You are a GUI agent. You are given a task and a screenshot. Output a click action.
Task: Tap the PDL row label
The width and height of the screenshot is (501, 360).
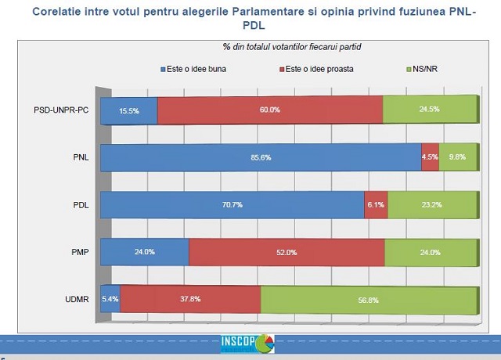(x=81, y=206)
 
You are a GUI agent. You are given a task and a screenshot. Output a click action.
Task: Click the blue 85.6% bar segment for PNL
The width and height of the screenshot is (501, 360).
(x=261, y=158)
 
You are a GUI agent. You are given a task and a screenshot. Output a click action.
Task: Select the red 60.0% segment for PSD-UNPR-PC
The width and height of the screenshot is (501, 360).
(x=270, y=110)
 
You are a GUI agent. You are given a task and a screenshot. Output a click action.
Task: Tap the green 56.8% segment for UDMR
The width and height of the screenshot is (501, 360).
(x=368, y=299)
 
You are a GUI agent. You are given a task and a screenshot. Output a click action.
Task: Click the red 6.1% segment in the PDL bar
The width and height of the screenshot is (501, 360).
(x=376, y=205)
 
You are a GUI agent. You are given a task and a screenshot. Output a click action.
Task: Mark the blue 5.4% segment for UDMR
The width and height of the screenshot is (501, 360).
(x=110, y=299)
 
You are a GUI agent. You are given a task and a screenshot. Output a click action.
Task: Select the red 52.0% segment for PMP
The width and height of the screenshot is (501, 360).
(x=287, y=252)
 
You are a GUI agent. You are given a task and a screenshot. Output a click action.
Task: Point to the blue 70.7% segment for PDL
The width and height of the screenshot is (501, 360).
(x=232, y=205)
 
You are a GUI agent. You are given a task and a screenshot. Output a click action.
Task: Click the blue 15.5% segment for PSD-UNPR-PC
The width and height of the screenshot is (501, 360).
(x=129, y=110)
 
